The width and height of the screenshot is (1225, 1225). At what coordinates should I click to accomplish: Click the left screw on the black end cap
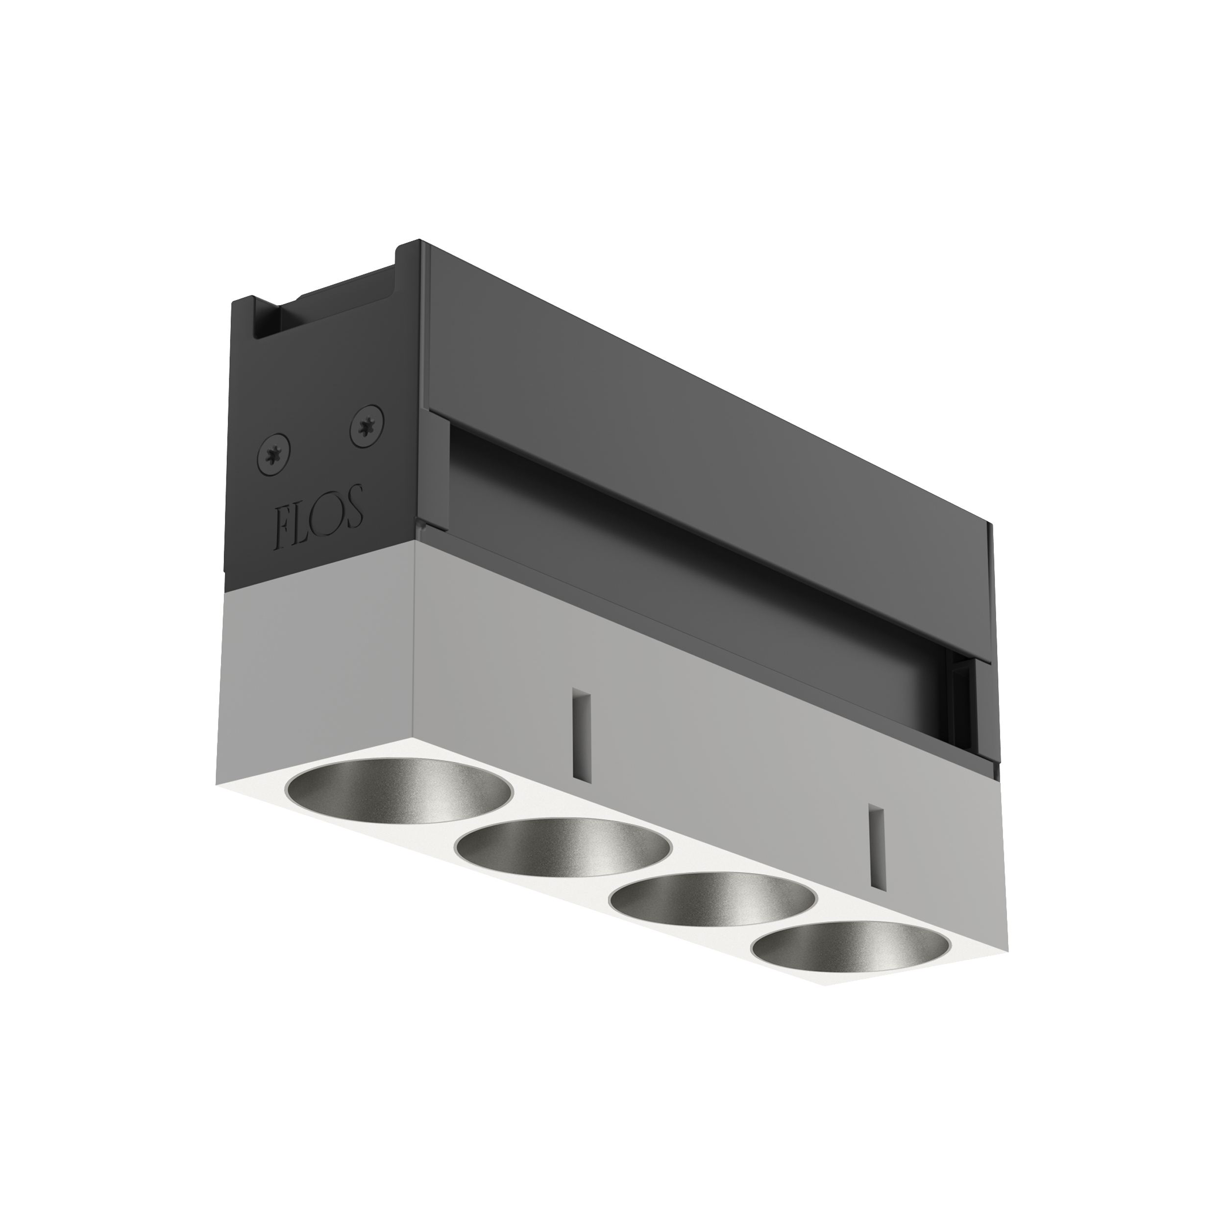click(x=273, y=455)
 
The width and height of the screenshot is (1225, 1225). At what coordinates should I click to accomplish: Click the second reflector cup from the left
click(x=563, y=850)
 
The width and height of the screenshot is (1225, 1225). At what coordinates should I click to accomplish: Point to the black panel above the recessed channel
click(x=697, y=406)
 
